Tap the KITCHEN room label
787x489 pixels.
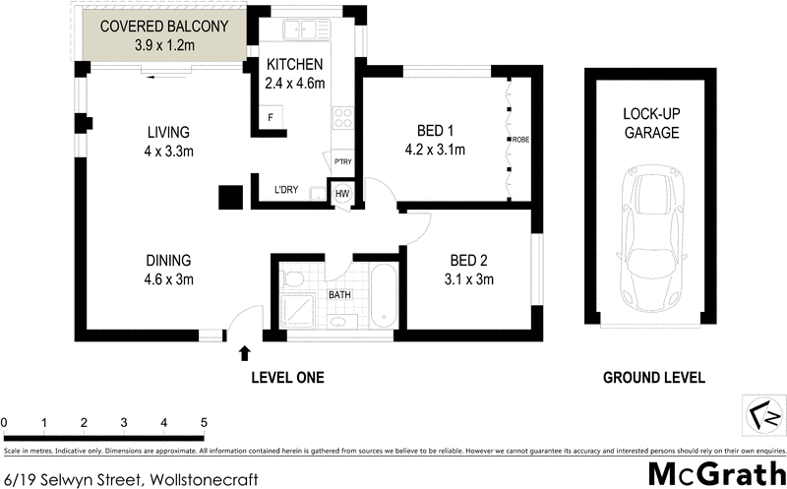click(294, 65)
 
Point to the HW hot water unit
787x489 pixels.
click(342, 194)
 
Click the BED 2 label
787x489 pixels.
click(471, 261)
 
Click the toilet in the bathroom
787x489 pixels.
click(292, 279)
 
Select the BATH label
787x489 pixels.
click(337, 294)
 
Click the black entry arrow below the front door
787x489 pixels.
click(244, 351)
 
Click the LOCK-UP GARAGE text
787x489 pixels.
click(650, 123)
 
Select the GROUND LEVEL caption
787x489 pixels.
click(653, 378)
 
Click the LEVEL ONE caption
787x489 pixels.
click(287, 378)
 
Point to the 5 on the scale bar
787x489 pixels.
click(204, 423)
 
